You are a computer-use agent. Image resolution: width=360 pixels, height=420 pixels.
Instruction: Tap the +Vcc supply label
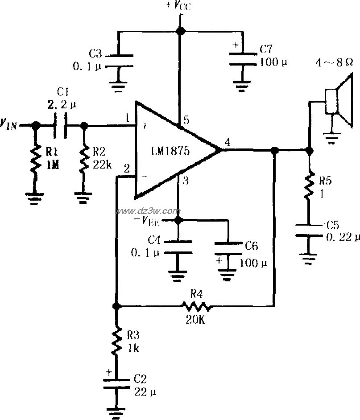(178, 6)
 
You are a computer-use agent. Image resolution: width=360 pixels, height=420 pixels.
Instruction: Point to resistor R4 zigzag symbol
(196, 306)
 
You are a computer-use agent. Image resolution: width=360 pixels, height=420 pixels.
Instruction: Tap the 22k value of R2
(102, 165)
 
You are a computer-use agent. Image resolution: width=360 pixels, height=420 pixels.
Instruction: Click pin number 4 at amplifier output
(227, 143)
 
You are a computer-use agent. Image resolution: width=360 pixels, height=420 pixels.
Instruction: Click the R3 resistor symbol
(116, 341)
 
